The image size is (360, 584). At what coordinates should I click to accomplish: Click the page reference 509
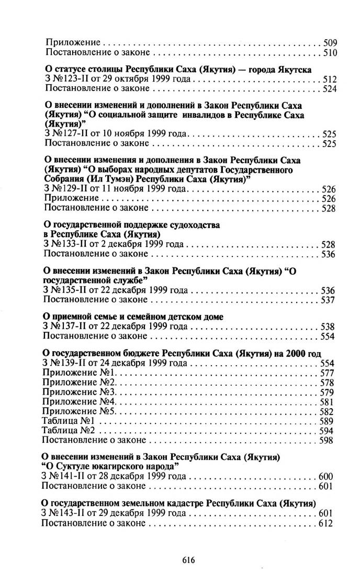(330, 43)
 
